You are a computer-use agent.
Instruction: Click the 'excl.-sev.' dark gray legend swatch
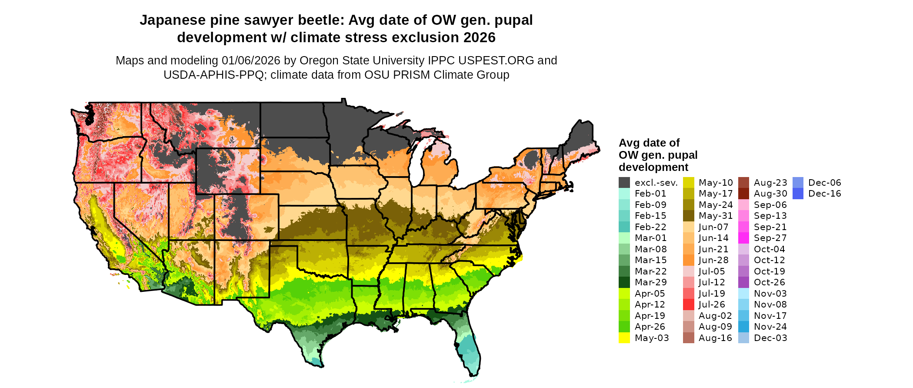click(624, 183)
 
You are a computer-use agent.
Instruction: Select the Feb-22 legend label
click(650, 227)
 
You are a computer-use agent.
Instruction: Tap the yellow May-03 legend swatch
click(624, 338)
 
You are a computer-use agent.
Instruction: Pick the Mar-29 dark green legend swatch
click(624, 282)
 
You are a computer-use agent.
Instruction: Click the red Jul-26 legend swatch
click(689, 304)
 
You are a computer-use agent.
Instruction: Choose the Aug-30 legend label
click(770, 194)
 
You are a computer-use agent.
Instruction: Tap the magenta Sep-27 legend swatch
click(744, 238)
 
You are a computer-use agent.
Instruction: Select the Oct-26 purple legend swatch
click(744, 282)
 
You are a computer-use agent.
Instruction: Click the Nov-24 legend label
click(770, 327)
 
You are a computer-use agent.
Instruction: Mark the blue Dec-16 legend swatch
click(798, 194)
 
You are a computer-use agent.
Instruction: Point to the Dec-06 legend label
click(825, 183)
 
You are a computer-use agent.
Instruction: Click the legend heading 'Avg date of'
click(649, 143)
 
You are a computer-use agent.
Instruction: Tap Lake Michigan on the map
click(417, 163)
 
